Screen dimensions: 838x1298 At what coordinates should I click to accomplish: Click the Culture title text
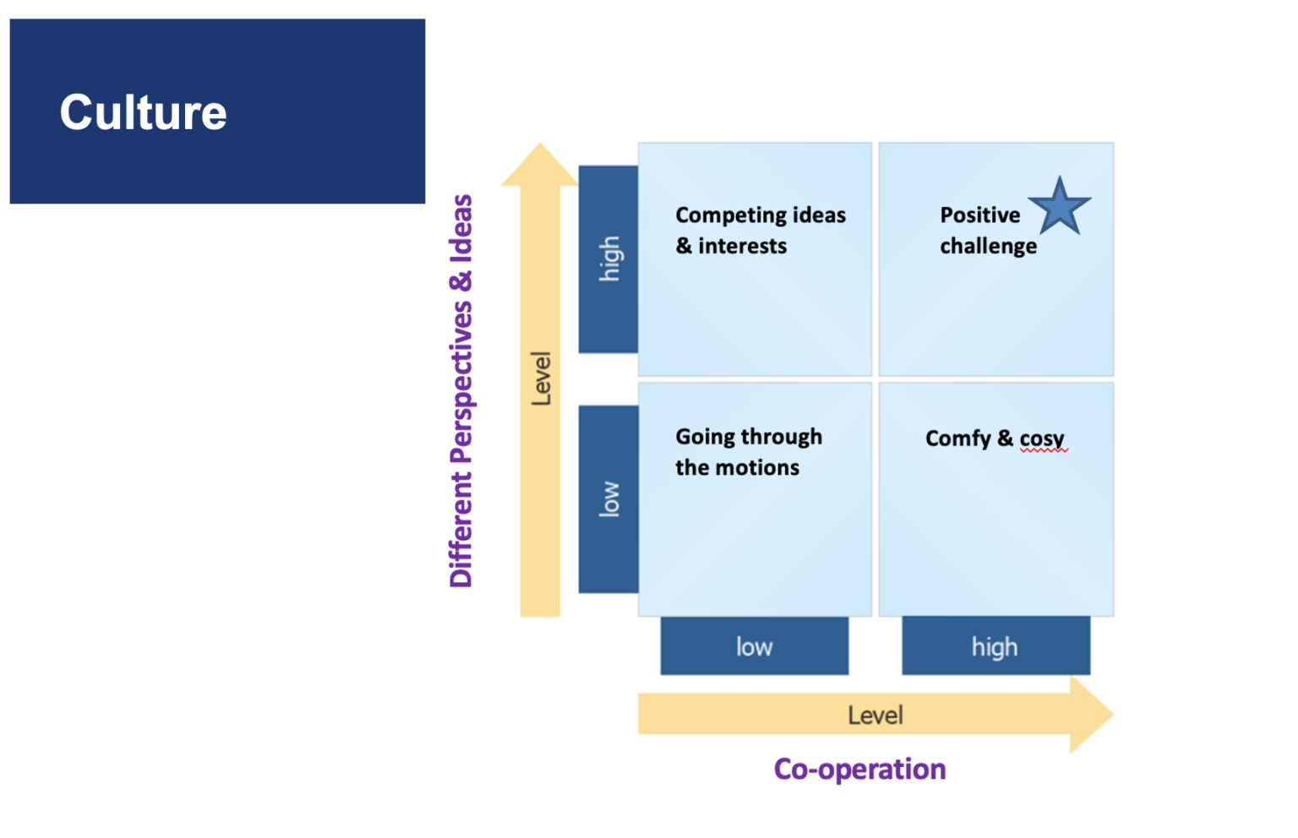tap(143, 112)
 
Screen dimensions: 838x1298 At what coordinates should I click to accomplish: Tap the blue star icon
tap(1059, 207)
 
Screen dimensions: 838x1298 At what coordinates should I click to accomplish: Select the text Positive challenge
tap(987, 230)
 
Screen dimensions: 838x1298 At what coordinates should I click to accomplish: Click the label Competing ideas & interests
tap(760, 230)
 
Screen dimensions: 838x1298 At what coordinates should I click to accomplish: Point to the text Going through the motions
tap(748, 452)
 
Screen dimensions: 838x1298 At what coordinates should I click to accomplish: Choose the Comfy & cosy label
tap(994, 438)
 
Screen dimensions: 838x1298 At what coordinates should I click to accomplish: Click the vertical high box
tap(608, 258)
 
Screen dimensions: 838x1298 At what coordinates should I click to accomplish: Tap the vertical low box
tap(608, 498)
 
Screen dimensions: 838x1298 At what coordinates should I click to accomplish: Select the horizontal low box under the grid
tap(754, 646)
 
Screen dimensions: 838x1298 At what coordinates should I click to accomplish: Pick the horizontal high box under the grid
tap(995, 646)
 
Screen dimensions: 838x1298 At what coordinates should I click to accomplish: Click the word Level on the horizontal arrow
tap(875, 716)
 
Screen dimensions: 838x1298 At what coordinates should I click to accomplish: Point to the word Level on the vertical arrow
tap(541, 378)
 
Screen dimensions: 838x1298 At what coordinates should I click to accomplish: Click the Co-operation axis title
tap(859, 769)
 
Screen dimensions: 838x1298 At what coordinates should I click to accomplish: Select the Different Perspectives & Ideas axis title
tap(461, 390)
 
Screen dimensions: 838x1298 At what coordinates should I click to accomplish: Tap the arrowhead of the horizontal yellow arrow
tap(1091, 715)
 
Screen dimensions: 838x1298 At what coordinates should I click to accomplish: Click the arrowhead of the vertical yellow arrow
tap(540, 165)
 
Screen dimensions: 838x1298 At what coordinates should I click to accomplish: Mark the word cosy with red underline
tap(1042, 439)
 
